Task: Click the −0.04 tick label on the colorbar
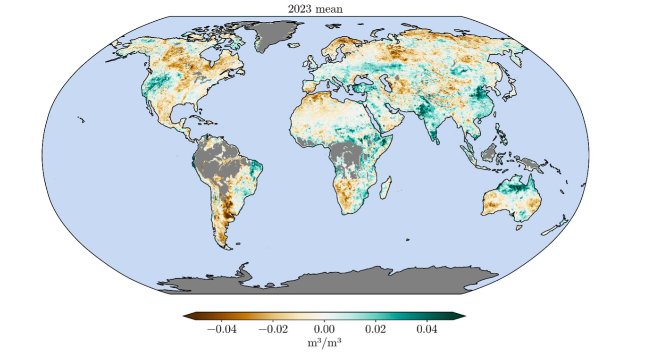click(222, 329)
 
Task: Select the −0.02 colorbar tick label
click(274, 329)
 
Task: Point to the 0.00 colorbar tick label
click(325, 329)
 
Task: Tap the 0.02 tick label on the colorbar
click(376, 329)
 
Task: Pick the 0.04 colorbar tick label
click(427, 329)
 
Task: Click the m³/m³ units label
click(325, 343)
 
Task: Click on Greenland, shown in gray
click(269, 35)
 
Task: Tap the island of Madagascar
click(385, 187)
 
